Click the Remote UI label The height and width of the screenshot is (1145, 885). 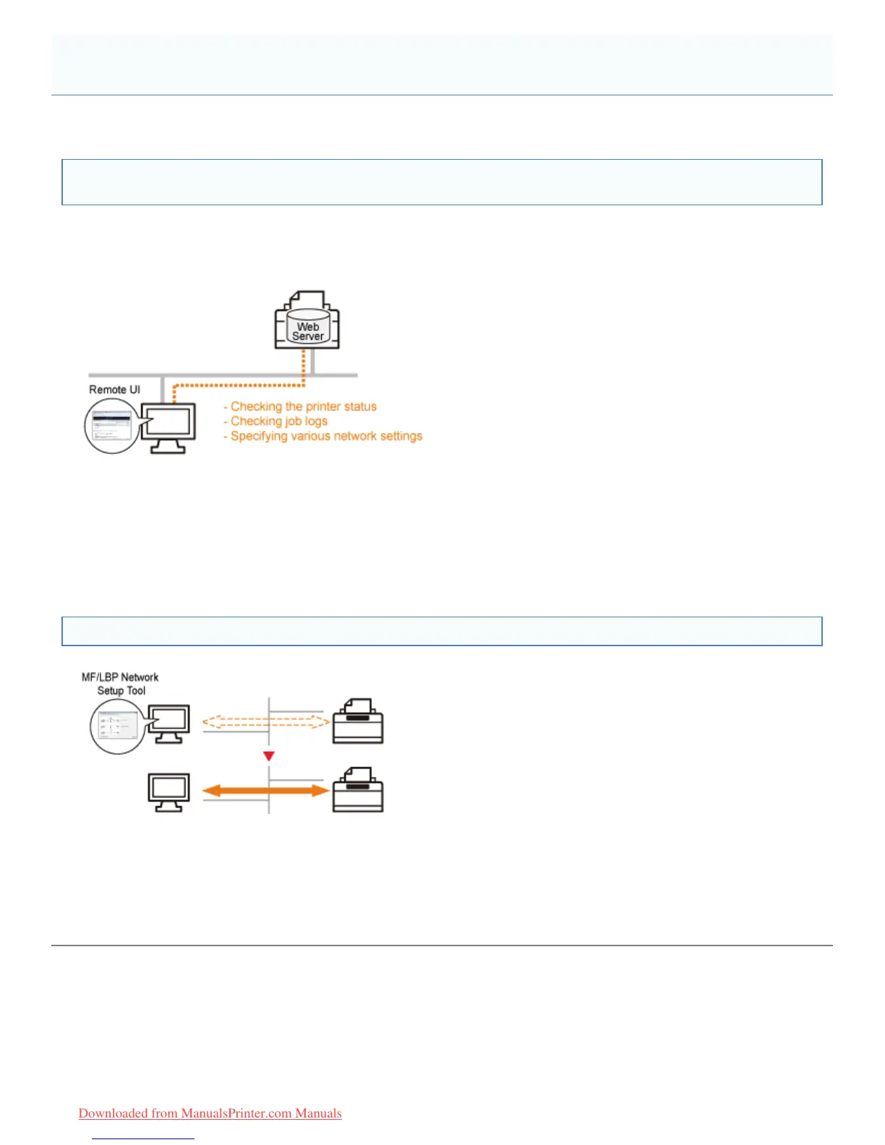pos(114,390)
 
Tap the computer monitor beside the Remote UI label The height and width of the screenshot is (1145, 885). pos(168,426)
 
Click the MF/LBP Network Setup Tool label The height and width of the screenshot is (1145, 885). pos(120,684)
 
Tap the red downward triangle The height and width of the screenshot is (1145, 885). pos(269,756)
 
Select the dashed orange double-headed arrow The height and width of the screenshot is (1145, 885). pos(266,721)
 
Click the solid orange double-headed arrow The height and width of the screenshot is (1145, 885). pos(265,791)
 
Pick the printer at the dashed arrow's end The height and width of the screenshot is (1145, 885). pos(358,721)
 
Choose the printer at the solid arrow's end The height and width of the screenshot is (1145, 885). pos(358,790)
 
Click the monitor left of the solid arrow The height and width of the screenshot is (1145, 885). pos(168,792)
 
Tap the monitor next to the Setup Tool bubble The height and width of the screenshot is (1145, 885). pos(169,724)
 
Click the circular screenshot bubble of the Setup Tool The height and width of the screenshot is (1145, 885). pos(116,726)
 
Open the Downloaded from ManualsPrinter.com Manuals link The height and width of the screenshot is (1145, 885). pos(210,1113)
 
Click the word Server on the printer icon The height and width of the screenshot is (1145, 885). pos(308,337)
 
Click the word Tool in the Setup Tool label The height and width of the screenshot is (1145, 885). pos(136,691)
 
